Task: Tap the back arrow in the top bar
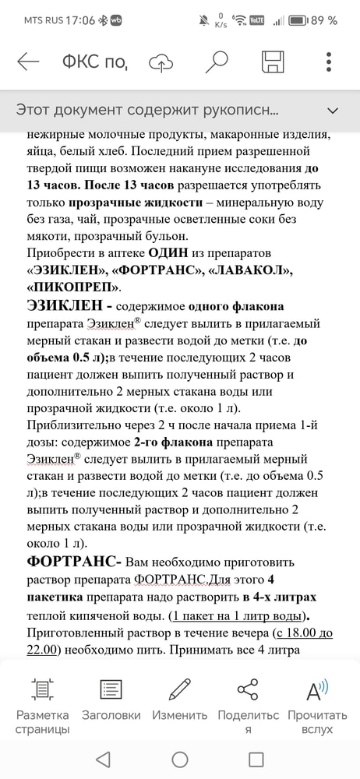[x=28, y=62]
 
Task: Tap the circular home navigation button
[x=180, y=759]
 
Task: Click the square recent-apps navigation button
[x=256, y=759]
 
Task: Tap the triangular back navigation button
[x=104, y=759]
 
